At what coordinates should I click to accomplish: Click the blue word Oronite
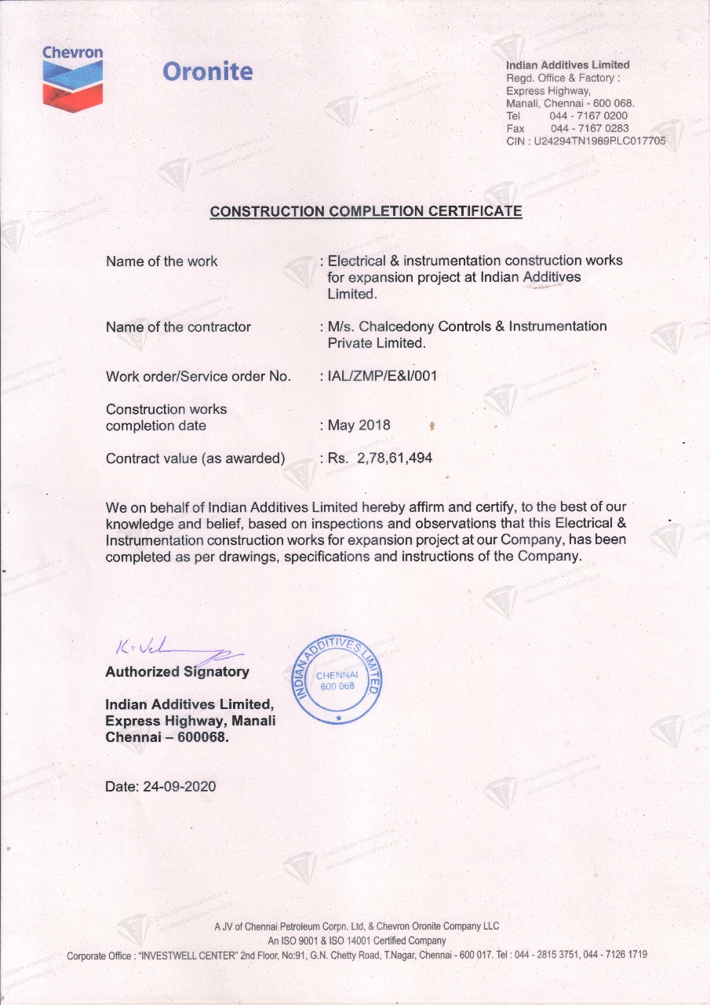tap(207, 71)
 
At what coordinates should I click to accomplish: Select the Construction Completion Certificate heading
tap(366, 211)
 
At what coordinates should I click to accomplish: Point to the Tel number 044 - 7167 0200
tap(588, 115)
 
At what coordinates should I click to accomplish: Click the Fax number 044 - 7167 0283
tap(588, 128)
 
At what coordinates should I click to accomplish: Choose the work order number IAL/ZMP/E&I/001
tap(382, 376)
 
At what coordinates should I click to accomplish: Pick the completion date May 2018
tap(359, 426)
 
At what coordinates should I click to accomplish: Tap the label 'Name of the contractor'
tap(178, 327)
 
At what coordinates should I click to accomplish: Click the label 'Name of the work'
tap(162, 261)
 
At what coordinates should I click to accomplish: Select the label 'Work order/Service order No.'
tap(198, 377)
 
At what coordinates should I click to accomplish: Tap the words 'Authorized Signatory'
tap(177, 671)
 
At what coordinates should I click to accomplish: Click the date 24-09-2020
tap(180, 787)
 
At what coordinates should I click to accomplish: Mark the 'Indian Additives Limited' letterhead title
tap(567, 64)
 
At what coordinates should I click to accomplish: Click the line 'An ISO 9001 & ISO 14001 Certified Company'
tap(357, 941)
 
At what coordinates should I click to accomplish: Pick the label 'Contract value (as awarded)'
tap(195, 459)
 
